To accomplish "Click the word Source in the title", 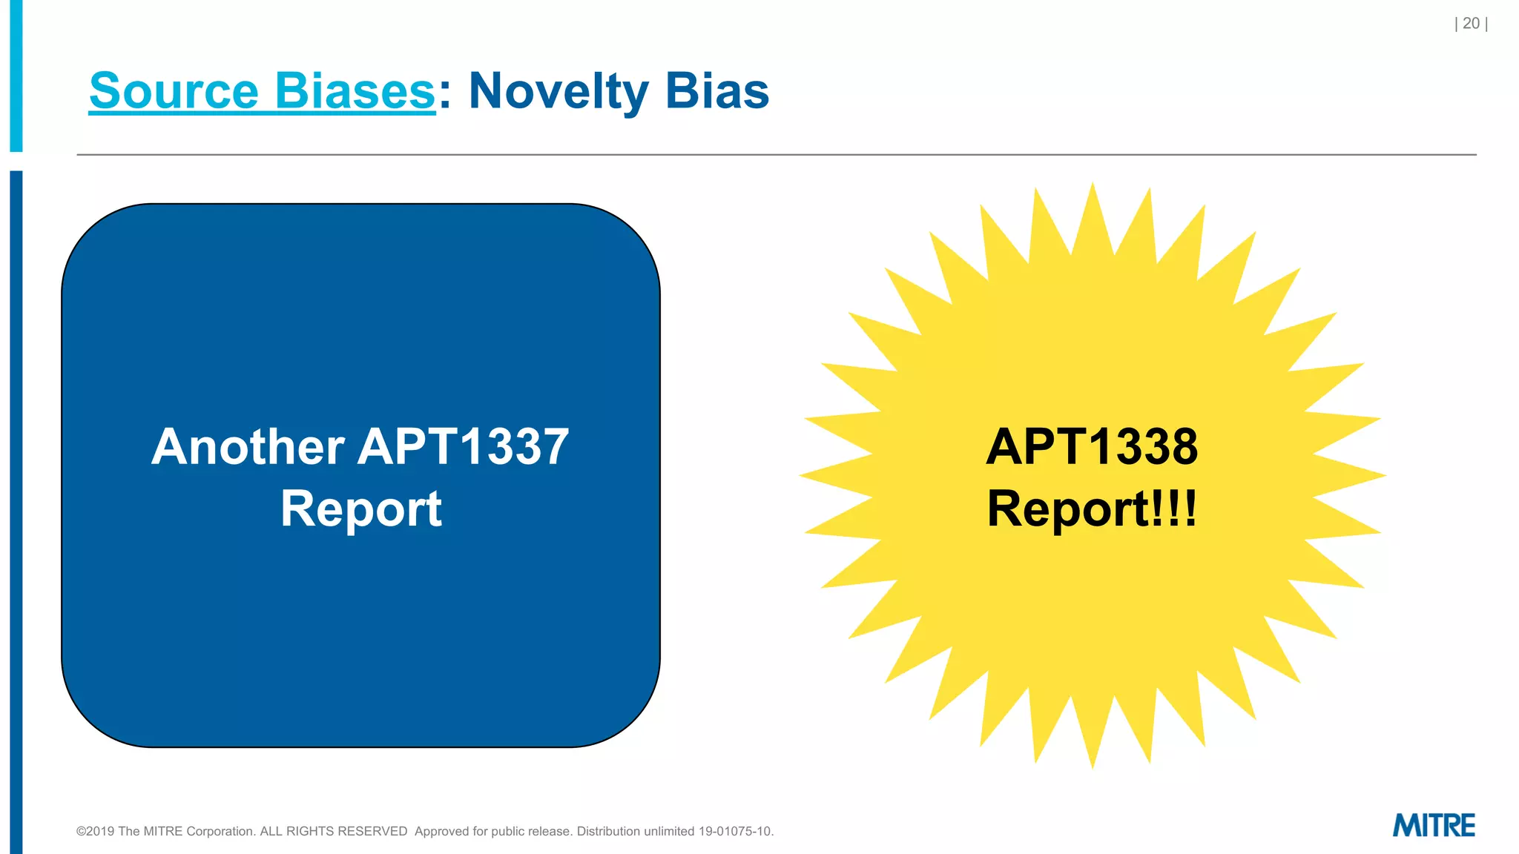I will [x=174, y=91].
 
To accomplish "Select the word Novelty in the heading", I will [x=558, y=91].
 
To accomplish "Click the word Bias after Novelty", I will [x=717, y=91].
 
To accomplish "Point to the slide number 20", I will [x=1471, y=24].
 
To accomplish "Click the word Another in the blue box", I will [x=248, y=447].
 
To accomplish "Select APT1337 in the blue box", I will [x=464, y=447].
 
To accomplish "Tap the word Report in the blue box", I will [x=361, y=509].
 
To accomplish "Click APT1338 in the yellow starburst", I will [x=1092, y=447].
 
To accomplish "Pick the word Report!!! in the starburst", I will [x=1092, y=509].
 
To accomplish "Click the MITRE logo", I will [x=1434, y=825].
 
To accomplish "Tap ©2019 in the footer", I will [x=95, y=832].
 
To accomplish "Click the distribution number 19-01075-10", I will [x=735, y=832].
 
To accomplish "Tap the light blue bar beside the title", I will [x=16, y=74].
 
